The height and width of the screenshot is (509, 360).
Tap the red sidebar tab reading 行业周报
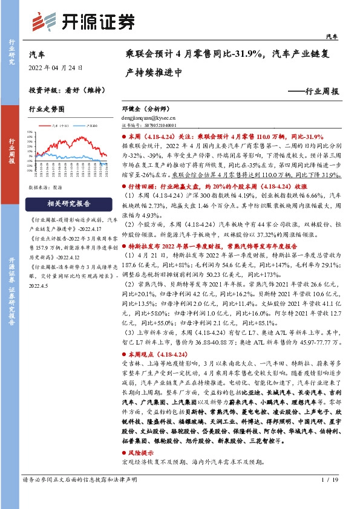(x=11, y=149)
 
